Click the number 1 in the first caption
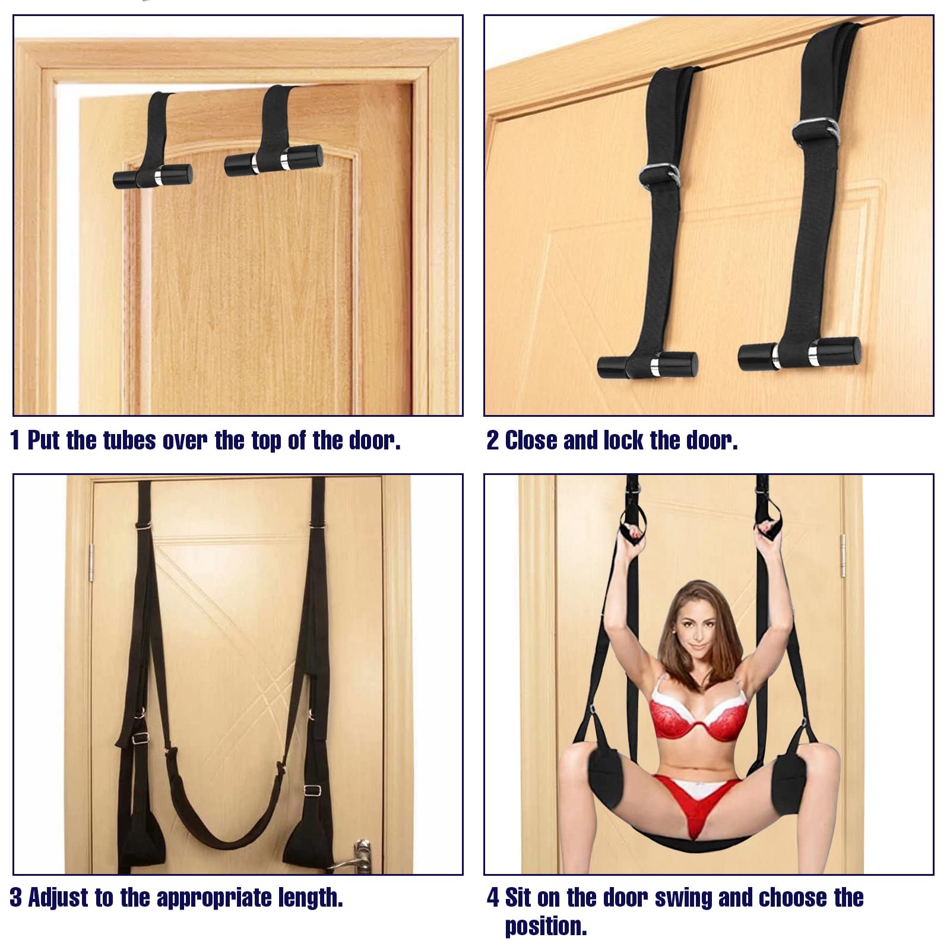tap(15, 441)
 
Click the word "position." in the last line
tap(546, 926)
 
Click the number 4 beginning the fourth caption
tap(493, 898)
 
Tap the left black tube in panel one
tap(153, 176)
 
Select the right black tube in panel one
tap(274, 160)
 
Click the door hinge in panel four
tap(843, 556)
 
